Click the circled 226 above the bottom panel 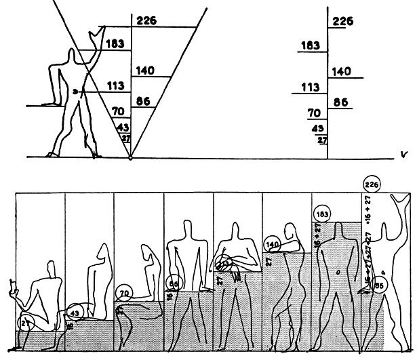372,184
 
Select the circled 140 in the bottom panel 273,244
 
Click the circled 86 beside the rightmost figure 379,286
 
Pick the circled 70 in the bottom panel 123,294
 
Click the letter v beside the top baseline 404,153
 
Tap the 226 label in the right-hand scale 343,21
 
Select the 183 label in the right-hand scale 311,45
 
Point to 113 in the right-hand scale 310,87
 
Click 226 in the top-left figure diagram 147,20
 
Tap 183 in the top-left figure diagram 115,43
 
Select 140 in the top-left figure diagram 147,69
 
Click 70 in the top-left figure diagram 119,111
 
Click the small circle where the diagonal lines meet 130,157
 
